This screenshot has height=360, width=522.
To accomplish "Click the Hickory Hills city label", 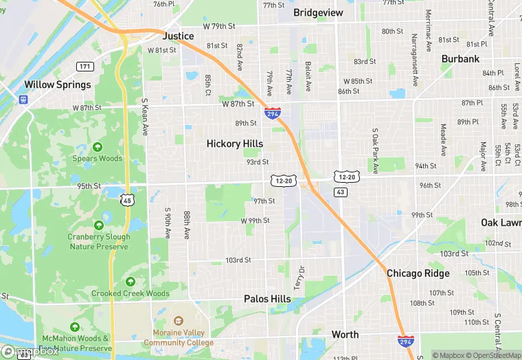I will click(235, 144).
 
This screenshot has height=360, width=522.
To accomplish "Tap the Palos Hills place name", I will click(267, 299).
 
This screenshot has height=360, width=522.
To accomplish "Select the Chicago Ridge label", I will click(418, 273).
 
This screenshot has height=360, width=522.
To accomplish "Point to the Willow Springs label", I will click(57, 85).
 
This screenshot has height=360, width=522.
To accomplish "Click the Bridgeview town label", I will click(318, 12).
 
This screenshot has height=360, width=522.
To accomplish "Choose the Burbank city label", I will click(460, 59).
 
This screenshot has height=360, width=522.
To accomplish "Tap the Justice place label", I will click(178, 36).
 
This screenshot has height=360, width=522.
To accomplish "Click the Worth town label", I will click(345, 335).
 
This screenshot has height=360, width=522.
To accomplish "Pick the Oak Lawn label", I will click(501, 223).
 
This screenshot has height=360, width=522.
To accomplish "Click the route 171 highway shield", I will click(84, 67).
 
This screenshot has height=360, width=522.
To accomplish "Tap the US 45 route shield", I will click(127, 200).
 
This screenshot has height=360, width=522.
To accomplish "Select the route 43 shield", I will click(341, 192).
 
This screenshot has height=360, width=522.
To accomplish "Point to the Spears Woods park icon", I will click(98, 146).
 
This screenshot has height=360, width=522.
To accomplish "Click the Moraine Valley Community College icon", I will click(179, 320).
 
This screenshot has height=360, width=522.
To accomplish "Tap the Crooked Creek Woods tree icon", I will click(130, 282).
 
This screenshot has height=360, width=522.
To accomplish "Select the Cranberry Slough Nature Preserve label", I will click(98, 242).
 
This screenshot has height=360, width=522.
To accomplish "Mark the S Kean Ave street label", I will click(145, 116).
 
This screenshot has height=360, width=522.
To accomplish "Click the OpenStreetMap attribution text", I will click(493, 355).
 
